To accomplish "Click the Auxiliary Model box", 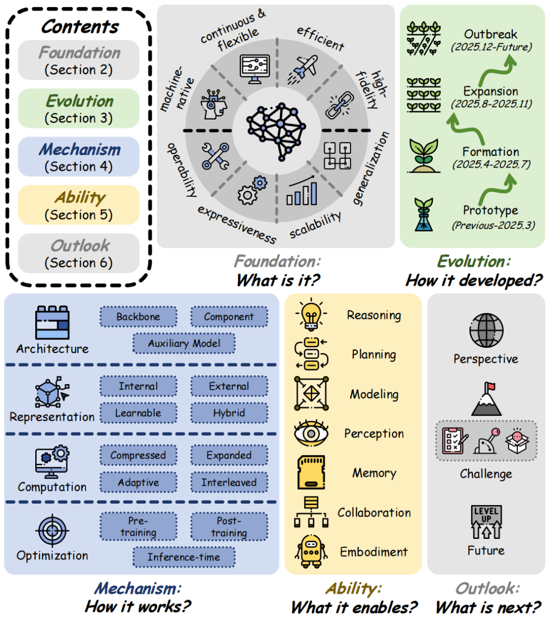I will [x=184, y=344].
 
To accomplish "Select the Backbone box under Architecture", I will [x=138, y=317].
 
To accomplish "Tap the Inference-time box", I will [x=184, y=557].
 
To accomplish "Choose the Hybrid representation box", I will [x=229, y=413].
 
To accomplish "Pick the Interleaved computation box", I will [x=229, y=483].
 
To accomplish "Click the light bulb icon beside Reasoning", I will [x=311, y=315].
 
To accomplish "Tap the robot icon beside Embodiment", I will [x=311, y=552].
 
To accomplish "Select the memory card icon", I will [x=311, y=473].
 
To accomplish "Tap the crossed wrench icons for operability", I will [x=215, y=156].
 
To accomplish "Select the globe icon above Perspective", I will [x=486, y=330].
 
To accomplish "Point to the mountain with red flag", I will [x=486, y=399].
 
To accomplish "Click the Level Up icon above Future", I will [x=486, y=522].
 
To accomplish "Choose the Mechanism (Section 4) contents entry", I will [x=79, y=157].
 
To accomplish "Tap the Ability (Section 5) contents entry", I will [x=79, y=205].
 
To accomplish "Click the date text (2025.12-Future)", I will [x=491, y=47].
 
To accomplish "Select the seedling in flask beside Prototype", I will [x=423, y=215].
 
